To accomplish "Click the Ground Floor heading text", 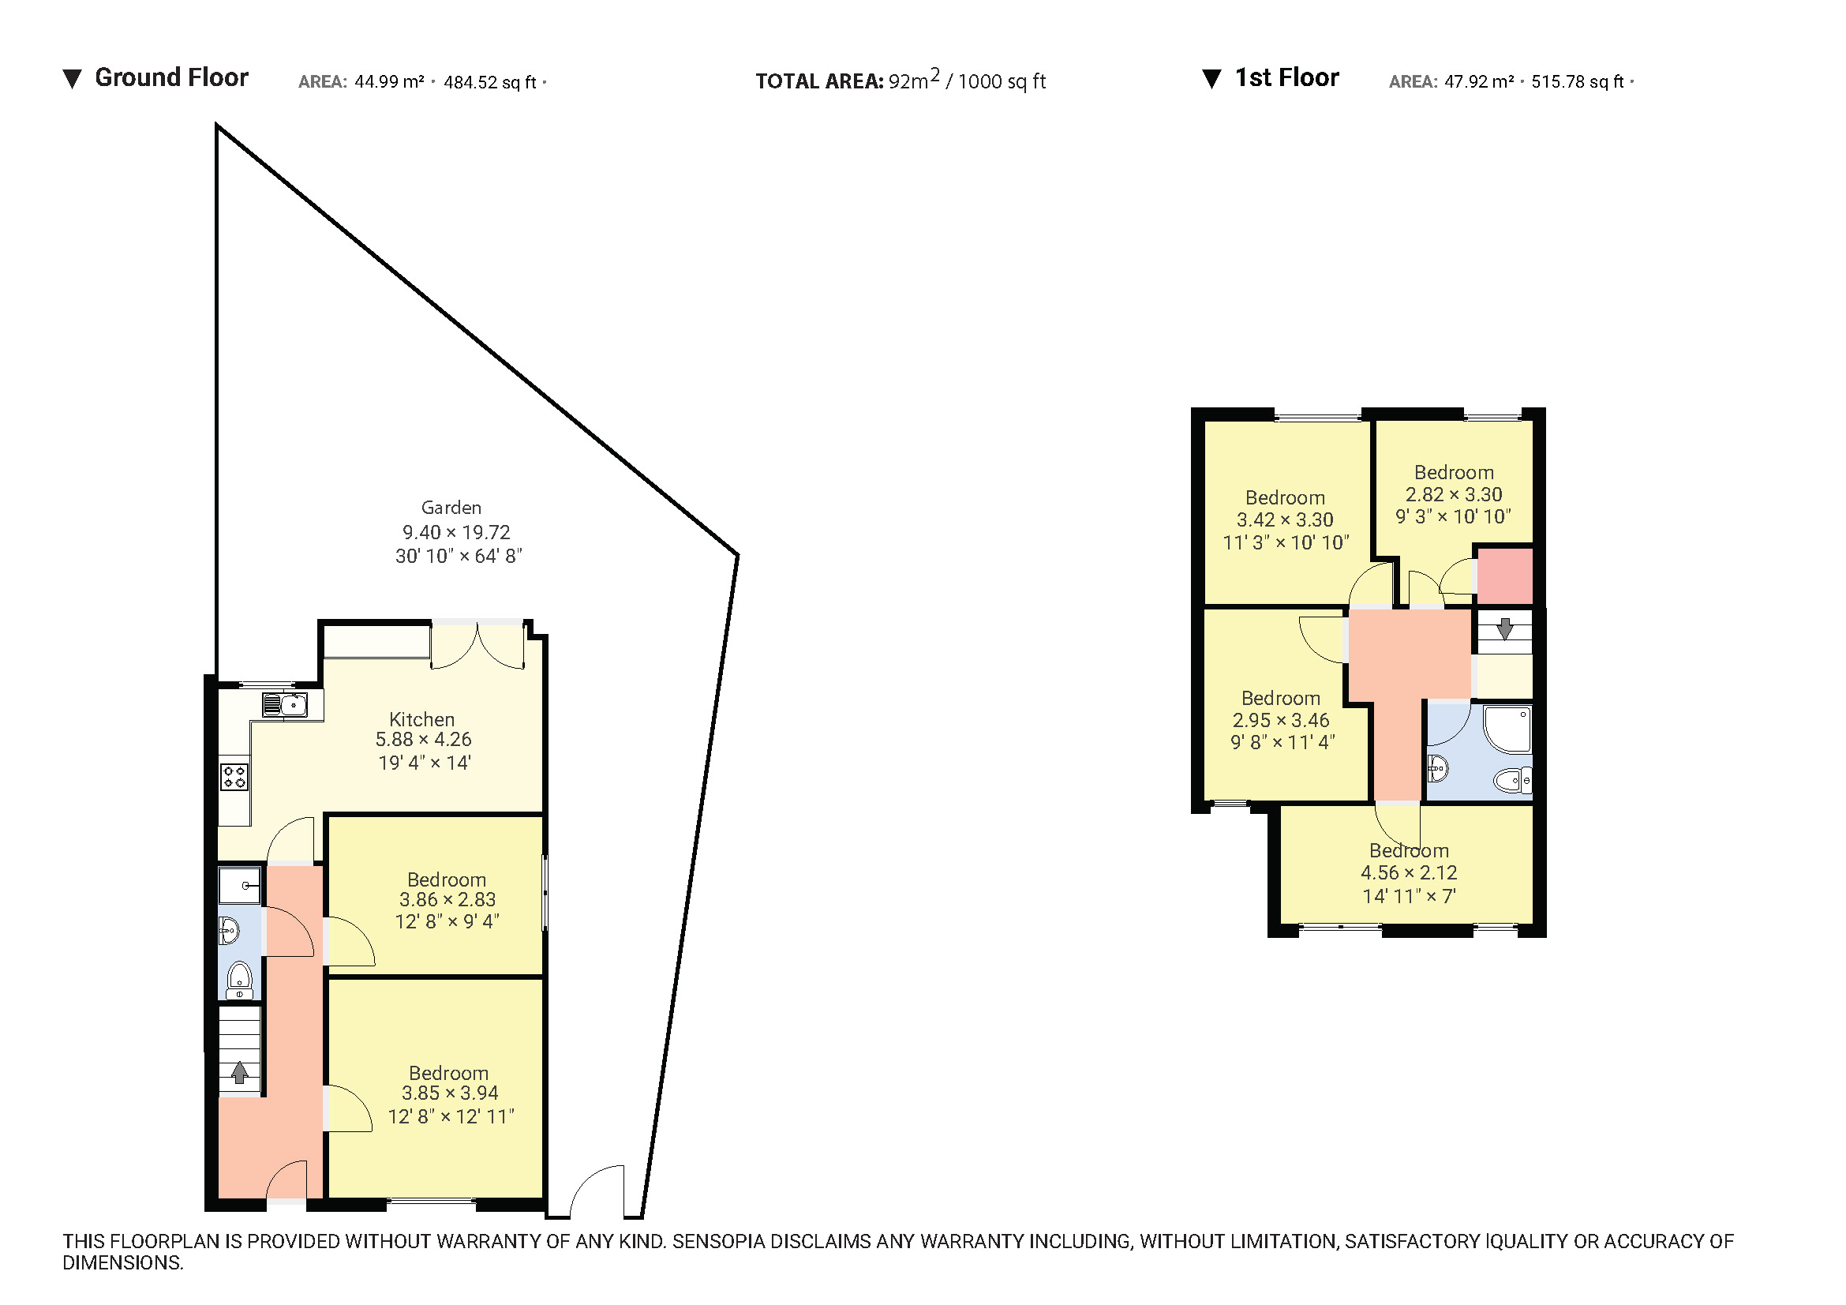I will pos(170,78).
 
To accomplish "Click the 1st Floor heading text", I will pos(1286,78).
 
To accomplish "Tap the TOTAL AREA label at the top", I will pos(818,81).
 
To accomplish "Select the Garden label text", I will pos(451,508).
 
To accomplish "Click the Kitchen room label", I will pos(421,720).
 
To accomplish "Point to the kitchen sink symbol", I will pos(286,705).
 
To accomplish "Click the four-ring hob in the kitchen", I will pos(234,777).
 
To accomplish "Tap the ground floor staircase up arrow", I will pos(239,1072).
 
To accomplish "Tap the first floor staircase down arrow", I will pos(1504,628).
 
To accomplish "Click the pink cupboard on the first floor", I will pos(1504,576).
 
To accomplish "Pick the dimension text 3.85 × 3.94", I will pos(449,1093).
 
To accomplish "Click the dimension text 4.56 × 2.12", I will pos(1408,873).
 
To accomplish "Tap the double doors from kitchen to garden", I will pos(478,645).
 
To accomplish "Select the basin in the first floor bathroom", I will pos(1437,769).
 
